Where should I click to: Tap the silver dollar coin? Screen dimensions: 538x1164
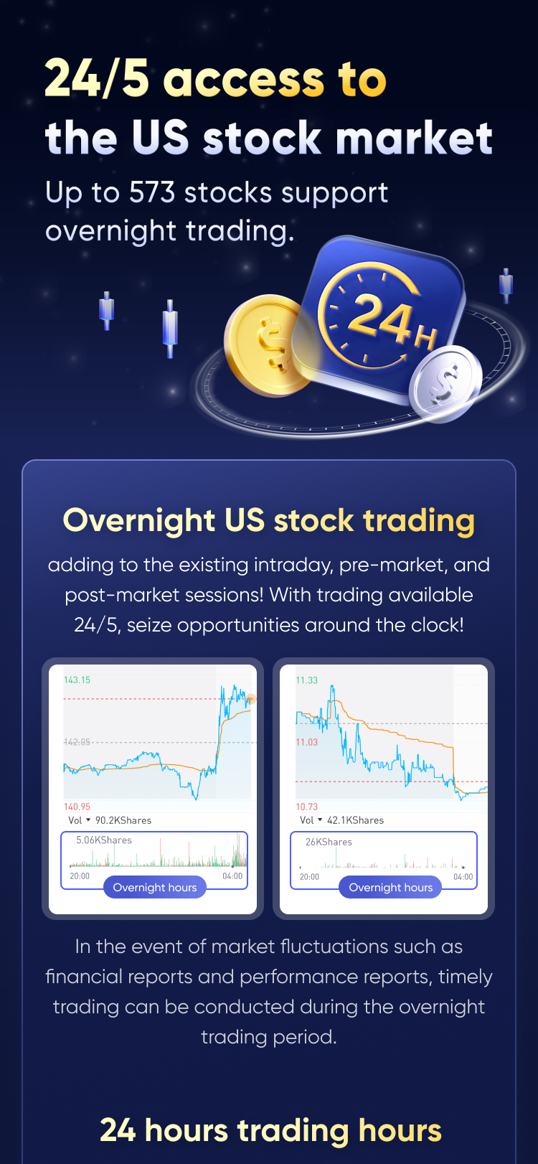coord(445,383)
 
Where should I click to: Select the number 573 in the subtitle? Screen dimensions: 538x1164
coord(151,192)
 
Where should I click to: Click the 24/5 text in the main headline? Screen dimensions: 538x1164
coord(97,78)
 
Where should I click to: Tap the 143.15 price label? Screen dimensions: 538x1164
coord(77,680)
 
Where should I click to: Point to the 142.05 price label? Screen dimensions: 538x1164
coord(77,742)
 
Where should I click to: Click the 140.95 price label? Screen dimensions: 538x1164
coord(77,807)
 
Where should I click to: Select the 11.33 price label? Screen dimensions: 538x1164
coord(306,680)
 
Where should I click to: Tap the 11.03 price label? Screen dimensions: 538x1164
coord(306,742)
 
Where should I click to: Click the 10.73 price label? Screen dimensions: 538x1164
coord(306,807)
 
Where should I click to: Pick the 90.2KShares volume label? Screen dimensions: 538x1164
coord(123,820)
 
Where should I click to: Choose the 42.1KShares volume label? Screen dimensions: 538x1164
coord(355,820)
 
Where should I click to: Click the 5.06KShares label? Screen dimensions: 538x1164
coord(104,840)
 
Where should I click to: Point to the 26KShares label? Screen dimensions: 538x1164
coord(329,842)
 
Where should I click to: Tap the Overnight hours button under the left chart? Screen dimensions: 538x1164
coord(155,887)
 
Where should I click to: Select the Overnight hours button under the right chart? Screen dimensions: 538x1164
coord(390,887)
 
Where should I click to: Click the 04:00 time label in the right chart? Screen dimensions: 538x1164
coord(463,877)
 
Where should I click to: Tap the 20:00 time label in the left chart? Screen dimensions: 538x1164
coord(80,876)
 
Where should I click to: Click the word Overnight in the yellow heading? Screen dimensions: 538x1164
coord(139,521)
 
